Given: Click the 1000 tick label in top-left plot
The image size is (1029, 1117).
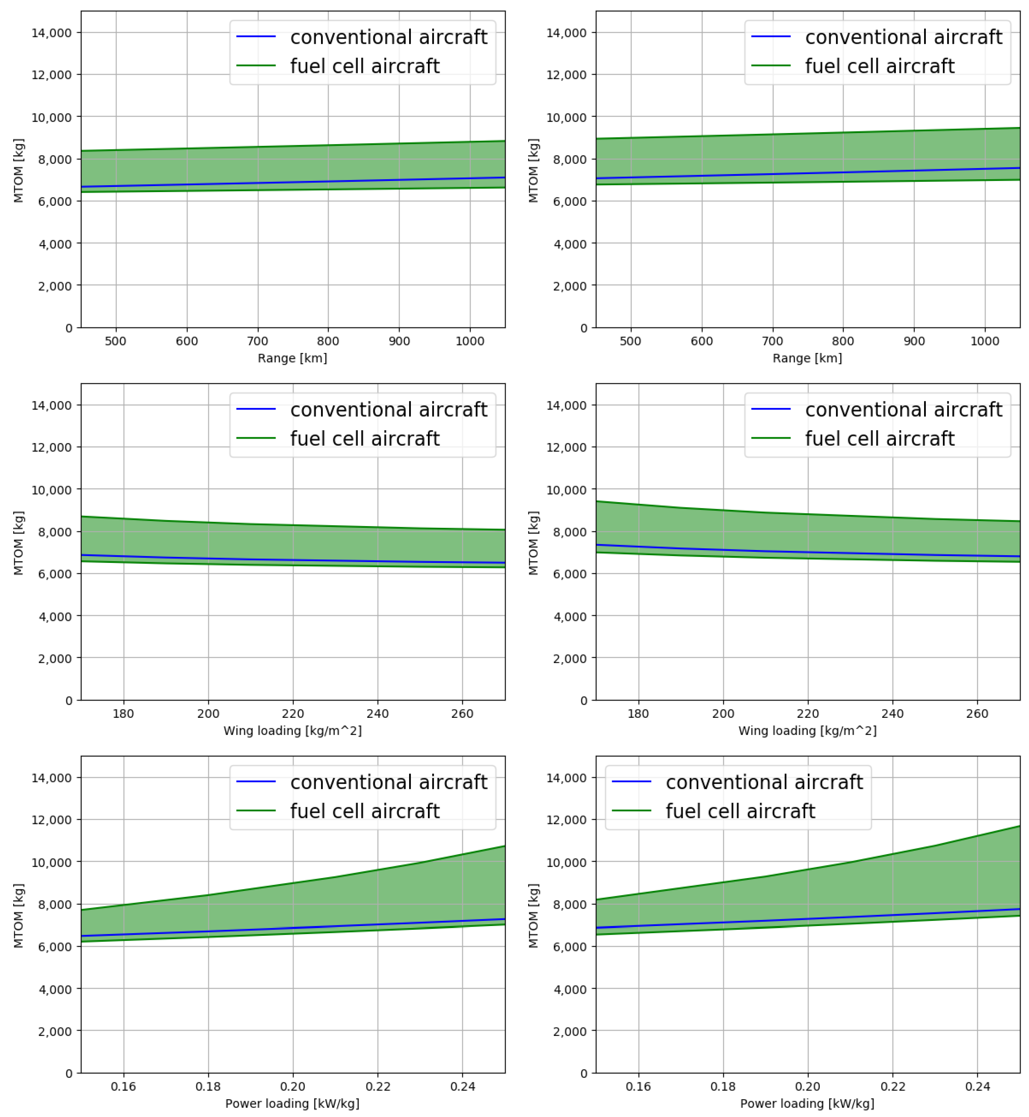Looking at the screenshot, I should [469, 341].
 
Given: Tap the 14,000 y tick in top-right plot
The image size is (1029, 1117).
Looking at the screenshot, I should [566, 33].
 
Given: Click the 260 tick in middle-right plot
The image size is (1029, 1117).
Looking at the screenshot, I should [977, 714].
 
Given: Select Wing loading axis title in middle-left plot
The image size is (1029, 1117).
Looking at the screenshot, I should [292, 730].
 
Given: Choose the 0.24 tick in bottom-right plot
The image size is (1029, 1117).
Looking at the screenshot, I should [977, 1086].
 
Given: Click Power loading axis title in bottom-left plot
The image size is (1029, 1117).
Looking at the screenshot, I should [292, 1104].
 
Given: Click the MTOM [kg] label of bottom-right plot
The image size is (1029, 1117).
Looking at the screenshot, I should [534, 915].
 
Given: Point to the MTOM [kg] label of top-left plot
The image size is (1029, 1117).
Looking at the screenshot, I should [18, 170].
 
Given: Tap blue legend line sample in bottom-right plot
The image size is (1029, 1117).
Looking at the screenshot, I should [631, 782].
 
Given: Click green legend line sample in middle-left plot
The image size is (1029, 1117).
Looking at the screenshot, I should [256, 438].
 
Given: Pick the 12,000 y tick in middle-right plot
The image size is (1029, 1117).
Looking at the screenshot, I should [566, 447].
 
